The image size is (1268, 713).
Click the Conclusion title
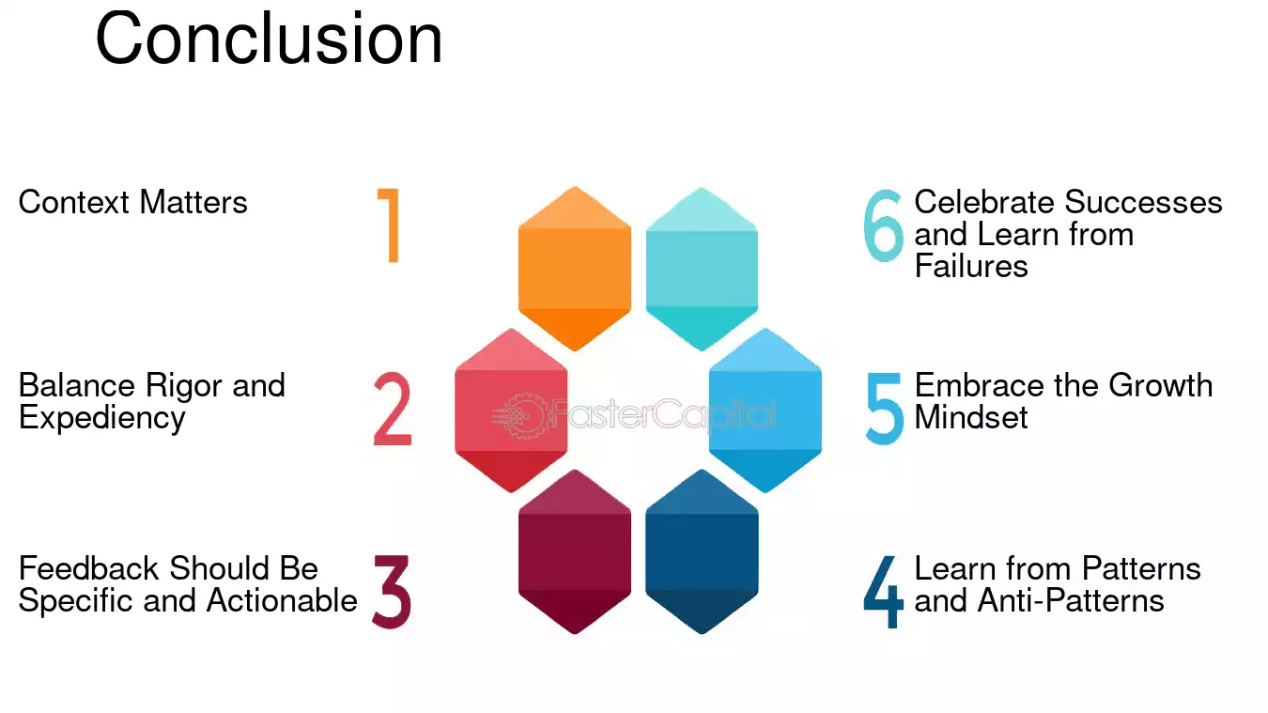tap(269, 39)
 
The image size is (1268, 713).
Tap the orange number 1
tap(390, 225)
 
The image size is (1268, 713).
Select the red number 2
tap(393, 409)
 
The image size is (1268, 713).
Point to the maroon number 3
tap(392, 591)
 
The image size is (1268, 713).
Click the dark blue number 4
tap(884, 592)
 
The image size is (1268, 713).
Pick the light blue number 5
tap(885, 409)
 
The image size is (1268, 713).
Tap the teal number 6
tap(883, 225)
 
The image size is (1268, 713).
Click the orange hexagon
tap(575, 269)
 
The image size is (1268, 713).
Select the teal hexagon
tap(702, 269)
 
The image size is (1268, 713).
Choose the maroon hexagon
tap(575, 551)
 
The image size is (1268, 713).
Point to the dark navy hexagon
tap(702, 551)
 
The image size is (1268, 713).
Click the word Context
tap(74, 202)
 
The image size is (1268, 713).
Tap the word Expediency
tap(101, 419)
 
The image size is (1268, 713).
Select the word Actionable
tap(282, 600)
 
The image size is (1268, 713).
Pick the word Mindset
tap(971, 417)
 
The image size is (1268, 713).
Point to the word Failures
tap(971, 266)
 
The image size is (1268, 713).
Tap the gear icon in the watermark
tap(520, 416)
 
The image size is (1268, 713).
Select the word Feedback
tap(89, 568)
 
